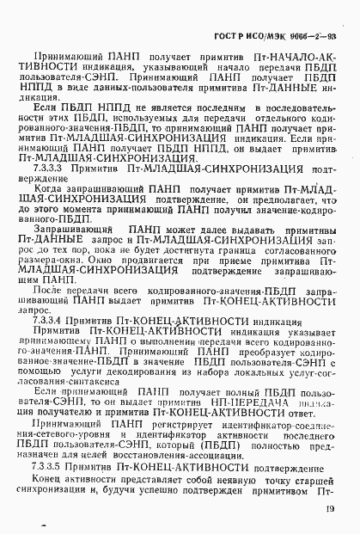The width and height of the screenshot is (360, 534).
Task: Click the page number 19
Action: [x=331, y=510]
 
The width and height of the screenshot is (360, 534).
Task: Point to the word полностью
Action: [x=288, y=447]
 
